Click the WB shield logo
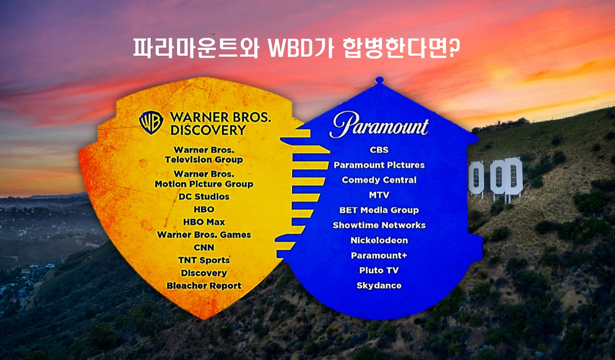click(151, 123)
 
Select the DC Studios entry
click(204, 196)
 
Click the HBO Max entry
click(204, 222)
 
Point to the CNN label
click(204, 247)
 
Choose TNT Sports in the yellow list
click(204, 260)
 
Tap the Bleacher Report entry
click(204, 286)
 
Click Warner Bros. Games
click(204, 235)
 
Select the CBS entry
click(379, 150)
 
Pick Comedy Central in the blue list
click(379, 180)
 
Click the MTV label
click(379, 195)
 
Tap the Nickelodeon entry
click(379, 240)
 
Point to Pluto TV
click(379, 270)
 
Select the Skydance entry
click(379, 286)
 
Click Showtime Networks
click(379, 225)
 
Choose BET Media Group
click(379, 210)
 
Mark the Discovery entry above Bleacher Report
click(204, 273)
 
